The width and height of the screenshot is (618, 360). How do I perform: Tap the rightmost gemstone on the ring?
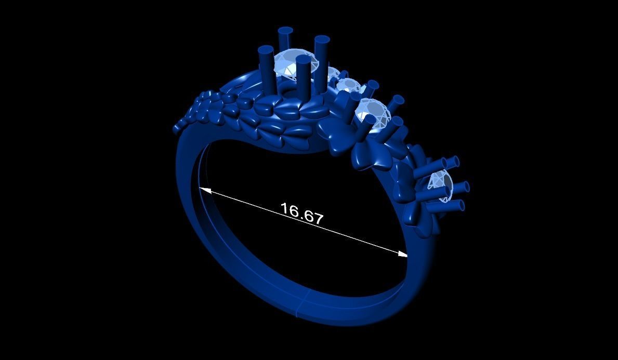point(441,183)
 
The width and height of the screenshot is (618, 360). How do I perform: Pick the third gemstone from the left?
point(373,110)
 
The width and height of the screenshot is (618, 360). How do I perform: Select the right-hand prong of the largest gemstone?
point(322,42)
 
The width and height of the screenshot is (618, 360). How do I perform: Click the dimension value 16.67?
point(302,213)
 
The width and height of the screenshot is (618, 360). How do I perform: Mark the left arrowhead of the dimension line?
point(203,190)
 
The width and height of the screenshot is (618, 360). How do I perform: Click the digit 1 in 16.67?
point(284,209)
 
